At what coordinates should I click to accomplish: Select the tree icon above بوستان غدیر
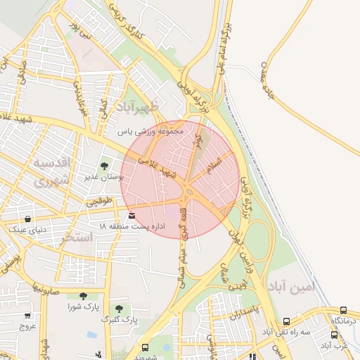[105, 167]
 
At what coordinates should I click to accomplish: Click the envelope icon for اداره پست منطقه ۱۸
[131, 215]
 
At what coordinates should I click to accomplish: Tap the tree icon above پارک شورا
[84, 296]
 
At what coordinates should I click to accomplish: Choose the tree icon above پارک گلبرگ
[118, 308]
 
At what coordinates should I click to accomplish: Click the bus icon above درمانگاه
[343, 310]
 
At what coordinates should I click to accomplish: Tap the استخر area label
[77, 237]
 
